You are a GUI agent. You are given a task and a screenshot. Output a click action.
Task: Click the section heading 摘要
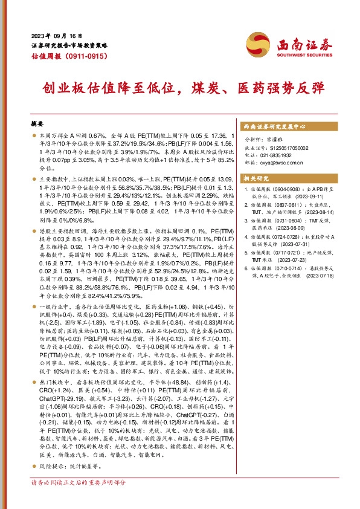[x=37, y=123]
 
